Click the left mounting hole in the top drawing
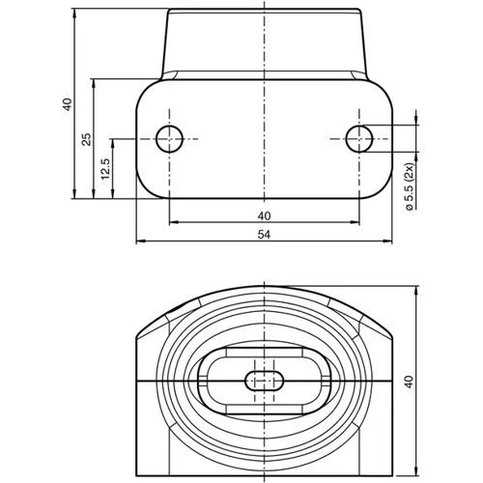tap(170, 138)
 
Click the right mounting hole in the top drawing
tap(358, 138)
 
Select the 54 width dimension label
tap(264, 234)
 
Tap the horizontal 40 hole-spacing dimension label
tap(264, 214)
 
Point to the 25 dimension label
tap(86, 139)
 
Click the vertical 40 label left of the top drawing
tap(66, 104)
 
